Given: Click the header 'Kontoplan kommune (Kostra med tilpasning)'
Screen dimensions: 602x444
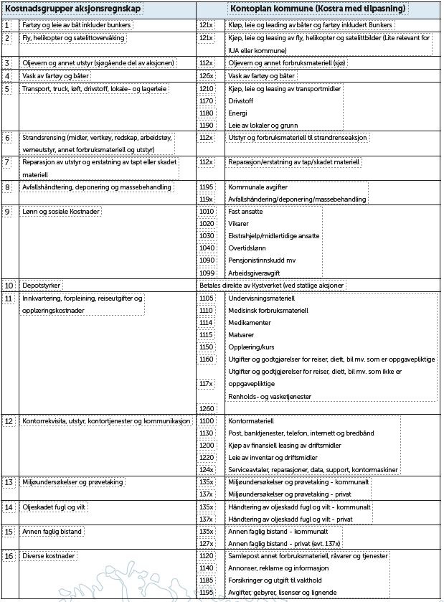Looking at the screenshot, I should coord(318,9).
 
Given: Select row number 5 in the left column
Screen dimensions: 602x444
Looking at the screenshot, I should coord(7,88).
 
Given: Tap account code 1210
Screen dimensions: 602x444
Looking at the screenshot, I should coord(207,88).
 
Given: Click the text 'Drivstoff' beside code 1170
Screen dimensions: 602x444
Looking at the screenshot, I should coord(240,100).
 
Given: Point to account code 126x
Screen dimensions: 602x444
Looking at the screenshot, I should coord(207,75).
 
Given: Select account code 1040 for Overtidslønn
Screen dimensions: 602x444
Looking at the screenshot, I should coord(207,248).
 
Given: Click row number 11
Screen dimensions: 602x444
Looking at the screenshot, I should coord(9,298).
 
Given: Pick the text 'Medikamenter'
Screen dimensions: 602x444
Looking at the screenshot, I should coord(250,322).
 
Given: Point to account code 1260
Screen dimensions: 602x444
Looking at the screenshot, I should coord(207,408).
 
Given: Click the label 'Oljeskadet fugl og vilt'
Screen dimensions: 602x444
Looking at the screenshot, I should coord(55,507).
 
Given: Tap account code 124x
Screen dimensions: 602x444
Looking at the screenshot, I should coord(207,469).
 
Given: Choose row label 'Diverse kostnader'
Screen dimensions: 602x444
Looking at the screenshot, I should coord(49,555).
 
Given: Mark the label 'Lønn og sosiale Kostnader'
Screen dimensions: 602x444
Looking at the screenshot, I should coord(61,211).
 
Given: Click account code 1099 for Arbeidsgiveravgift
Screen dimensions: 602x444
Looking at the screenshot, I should coord(207,272).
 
